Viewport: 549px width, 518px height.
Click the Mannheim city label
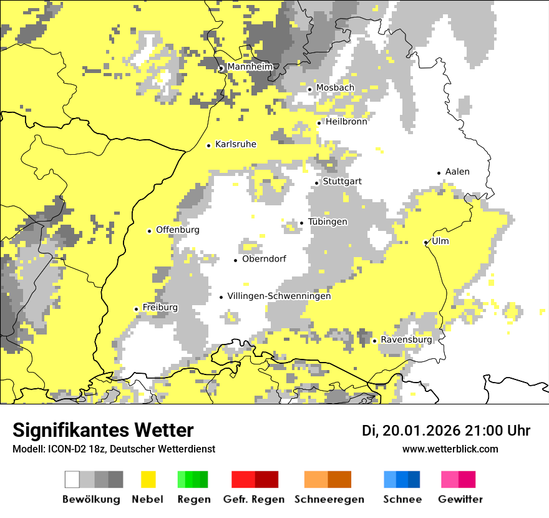(x=250, y=67)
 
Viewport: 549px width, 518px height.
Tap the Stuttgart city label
(x=342, y=182)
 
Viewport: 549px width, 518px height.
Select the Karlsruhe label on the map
(x=235, y=144)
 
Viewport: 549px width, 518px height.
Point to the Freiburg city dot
(x=136, y=309)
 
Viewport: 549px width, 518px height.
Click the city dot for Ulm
(x=425, y=242)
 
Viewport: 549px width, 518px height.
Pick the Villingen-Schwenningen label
(x=279, y=296)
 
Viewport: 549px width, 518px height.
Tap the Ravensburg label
(x=406, y=340)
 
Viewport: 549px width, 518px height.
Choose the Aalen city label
(x=457, y=172)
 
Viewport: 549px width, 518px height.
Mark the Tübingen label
(x=328, y=222)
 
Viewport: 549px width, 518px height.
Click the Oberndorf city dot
(x=236, y=260)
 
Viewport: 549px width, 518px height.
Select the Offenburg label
(x=177, y=230)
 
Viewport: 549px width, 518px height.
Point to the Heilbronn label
(x=346, y=122)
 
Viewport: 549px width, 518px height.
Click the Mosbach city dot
(x=309, y=89)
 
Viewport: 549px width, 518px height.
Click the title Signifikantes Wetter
(x=103, y=431)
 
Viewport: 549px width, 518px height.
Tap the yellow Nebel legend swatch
(x=148, y=479)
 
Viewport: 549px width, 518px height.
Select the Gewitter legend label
(x=460, y=499)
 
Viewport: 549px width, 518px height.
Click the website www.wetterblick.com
(x=450, y=449)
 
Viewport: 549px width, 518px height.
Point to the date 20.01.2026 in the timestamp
(x=420, y=431)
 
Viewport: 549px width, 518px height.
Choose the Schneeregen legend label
(x=329, y=499)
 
